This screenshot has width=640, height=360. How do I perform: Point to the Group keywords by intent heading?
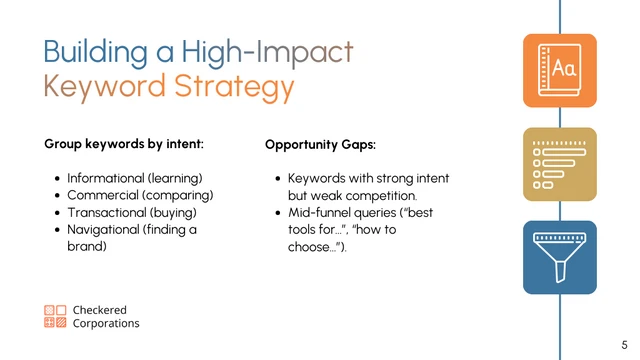pos(124,144)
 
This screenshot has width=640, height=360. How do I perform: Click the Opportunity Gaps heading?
pos(320,145)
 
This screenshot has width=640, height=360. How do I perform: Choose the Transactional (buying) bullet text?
pos(131,212)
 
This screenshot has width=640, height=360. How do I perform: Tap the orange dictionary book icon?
pos(559,70)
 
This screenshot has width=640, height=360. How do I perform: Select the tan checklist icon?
pos(559,164)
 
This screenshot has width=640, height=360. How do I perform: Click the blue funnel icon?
pos(559,257)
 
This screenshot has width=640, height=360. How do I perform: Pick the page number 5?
pos(624,342)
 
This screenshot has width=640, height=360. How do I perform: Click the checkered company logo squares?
pos(55,317)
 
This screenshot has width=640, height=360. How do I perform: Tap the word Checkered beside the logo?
pos(100,310)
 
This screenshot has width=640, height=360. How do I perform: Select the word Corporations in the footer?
pos(106,324)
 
